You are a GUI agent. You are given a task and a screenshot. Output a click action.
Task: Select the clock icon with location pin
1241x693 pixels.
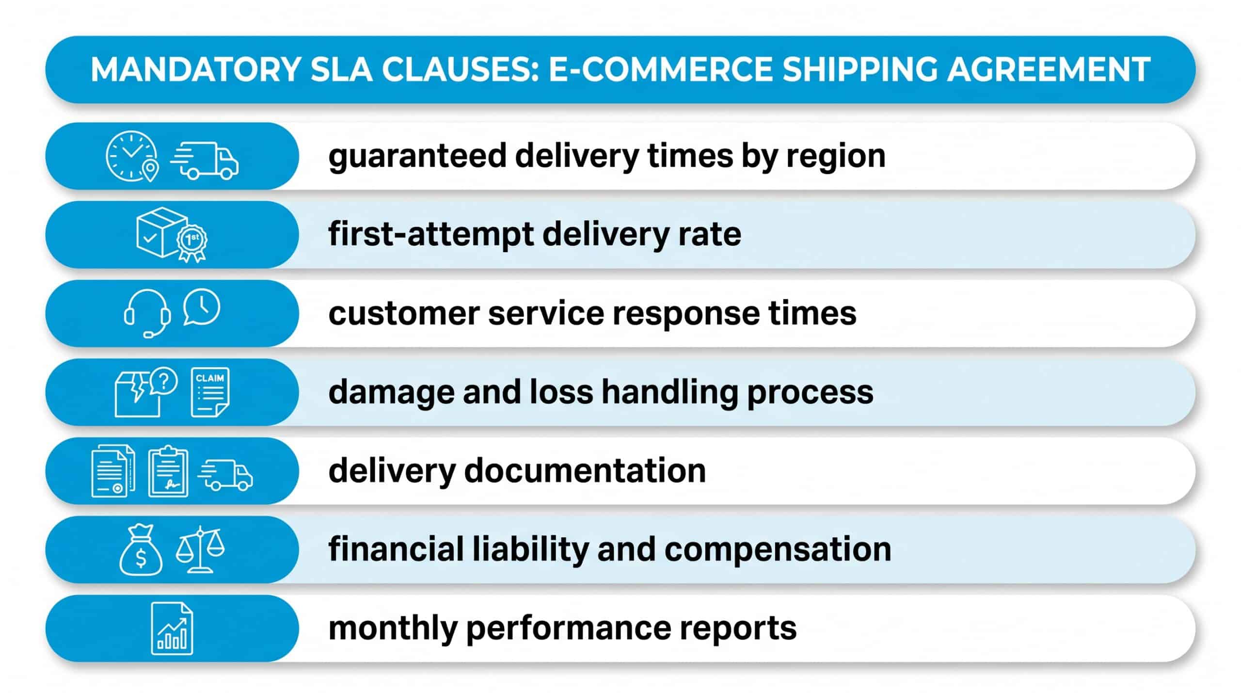click(x=132, y=156)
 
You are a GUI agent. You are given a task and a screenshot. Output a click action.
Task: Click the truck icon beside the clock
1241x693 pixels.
click(x=204, y=161)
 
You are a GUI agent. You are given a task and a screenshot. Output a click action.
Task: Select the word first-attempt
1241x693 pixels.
click(x=430, y=235)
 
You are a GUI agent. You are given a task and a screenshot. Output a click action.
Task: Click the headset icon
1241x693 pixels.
click(x=147, y=313)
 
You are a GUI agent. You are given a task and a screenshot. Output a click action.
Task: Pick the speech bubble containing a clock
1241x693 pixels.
click(x=201, y=307)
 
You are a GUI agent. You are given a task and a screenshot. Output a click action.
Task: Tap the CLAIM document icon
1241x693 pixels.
click(x=210, y=392)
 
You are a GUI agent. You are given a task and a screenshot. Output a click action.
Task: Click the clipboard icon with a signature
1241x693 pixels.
click(x=168, y=471)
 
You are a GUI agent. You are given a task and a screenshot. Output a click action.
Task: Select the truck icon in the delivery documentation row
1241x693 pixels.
click(x=225, y=474)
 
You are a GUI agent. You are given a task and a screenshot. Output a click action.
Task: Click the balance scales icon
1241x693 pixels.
click(x=200, y=549)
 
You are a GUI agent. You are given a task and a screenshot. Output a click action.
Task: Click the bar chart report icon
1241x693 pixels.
click(x=172, y=629)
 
